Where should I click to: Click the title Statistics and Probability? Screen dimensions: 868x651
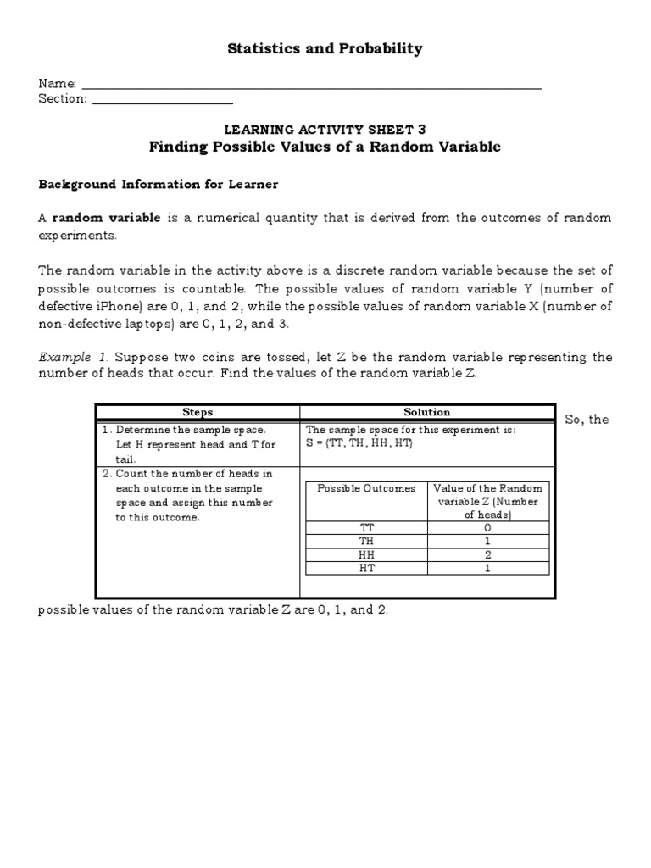(325, 49)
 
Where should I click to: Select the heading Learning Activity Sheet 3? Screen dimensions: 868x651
(325, 130)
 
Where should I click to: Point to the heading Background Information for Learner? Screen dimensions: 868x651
(159, 184)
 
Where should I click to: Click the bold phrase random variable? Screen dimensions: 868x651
(106, 218)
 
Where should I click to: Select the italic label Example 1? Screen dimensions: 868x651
(64, 357)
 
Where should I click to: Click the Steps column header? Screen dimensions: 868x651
(197, 412)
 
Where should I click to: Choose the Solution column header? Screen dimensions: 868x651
(427, 412)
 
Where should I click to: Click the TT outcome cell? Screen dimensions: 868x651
(366, 527)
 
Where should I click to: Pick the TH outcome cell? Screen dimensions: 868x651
(366, 541)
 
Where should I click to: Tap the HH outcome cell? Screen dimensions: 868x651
(366, 554)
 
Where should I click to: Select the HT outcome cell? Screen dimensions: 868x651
(366, 568)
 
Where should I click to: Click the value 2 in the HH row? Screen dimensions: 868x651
(487, 554)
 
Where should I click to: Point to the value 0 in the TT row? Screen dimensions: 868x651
(487, 527)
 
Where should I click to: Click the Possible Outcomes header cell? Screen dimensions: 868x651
(366, 488)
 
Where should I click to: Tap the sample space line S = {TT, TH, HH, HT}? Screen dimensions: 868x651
(359, 444)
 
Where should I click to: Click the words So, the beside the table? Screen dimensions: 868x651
(587, 420)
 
